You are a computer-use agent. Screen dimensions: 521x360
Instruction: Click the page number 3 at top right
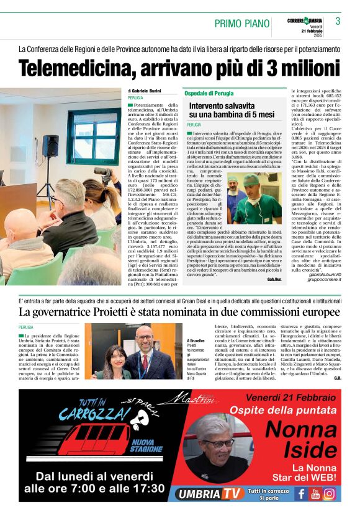coord(338,21)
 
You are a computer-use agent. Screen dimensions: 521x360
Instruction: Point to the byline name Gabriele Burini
coord(145,91)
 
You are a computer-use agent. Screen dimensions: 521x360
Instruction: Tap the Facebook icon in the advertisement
coord(301,494)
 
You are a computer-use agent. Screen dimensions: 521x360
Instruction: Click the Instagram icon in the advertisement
coord(330,494)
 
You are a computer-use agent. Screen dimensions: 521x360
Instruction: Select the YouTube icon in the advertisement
coord(315,494)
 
